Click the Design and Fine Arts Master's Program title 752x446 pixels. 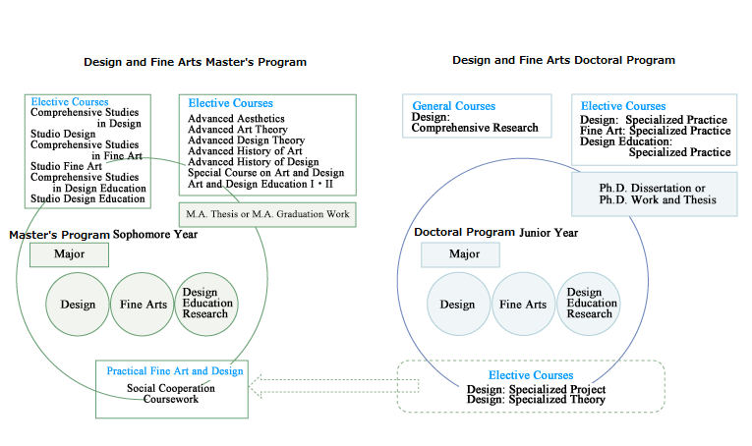click(x=196, y=62)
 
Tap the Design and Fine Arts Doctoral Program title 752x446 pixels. click(x=563, y=60)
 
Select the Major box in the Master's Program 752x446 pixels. click(x=69, y=254)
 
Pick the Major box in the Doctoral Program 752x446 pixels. click(x=460, y=254)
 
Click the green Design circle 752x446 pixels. click(x=78, y=305)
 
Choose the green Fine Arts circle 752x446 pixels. click(x=142, y=305)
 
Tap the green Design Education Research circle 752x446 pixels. click(x=206, y=305)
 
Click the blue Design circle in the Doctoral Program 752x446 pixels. click(x=458, y=305)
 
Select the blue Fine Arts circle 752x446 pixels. click(x=523, y=305)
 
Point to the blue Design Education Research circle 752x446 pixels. click(x=589, y=305)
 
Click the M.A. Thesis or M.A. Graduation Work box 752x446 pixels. click(x=267, y=214)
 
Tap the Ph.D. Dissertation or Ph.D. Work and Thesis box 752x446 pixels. click(x=655, y=194)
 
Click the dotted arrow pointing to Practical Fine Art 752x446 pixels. click(x=334, y=386)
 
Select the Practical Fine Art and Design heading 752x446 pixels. click(x=175, y=371)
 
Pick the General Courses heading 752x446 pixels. click(x=454, y=106)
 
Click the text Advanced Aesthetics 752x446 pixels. click(x=236, y=118)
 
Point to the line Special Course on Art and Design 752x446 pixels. click(x=265, y=173)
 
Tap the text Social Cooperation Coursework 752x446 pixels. click(x=171, y=394)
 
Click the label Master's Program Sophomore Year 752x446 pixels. click(x=103, y=235)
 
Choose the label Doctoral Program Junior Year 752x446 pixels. click(x=495, y=233)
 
